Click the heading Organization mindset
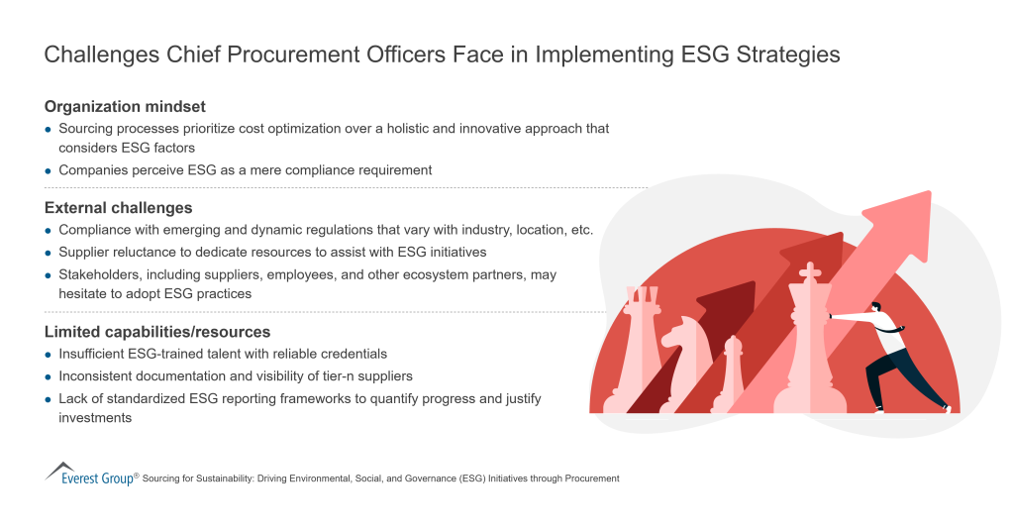click(125, 106)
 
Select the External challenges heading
click(118, 208)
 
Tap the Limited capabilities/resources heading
click(156, 332)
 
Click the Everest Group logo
click(89, 474)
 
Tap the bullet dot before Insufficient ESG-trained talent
click(49, 355)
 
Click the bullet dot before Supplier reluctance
click(49, 253)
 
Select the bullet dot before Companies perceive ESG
click(49, 170)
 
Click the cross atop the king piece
click(810, 271)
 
